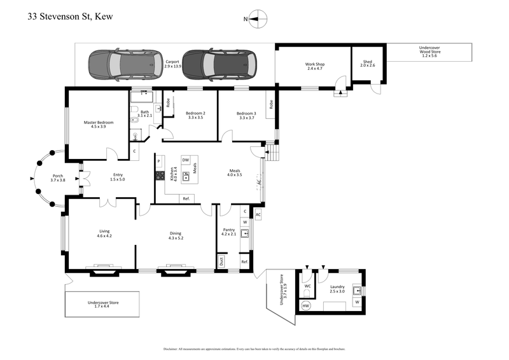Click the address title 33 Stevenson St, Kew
click(x=70, y=17)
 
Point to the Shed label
click(x=368, y=64)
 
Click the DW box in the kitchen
click(x=186, y=160)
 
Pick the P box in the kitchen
click(x=159, y=162)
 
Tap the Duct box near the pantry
click(x=221, y=261)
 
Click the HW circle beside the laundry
click(x=305, y=307)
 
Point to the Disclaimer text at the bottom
click(x=254, y=349)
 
